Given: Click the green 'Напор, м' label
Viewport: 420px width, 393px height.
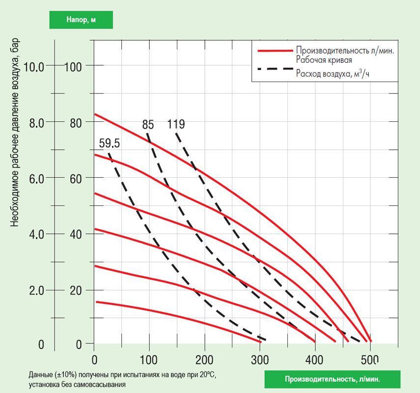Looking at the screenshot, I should (81, 20).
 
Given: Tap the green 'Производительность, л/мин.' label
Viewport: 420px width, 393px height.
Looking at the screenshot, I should (332, 379).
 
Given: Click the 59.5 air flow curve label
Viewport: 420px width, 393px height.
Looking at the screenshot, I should (110, 144).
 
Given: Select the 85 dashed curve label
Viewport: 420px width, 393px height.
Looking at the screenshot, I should (148, 125).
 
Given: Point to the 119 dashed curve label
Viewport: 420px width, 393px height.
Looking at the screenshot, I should (176, 124).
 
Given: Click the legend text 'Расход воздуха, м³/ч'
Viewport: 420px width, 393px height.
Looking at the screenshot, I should (332, 74).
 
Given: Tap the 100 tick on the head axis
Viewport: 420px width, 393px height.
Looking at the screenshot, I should (74, 66).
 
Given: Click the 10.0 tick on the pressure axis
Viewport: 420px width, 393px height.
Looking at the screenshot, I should (34, 66).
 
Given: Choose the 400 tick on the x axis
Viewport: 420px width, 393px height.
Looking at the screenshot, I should (314, 359).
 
